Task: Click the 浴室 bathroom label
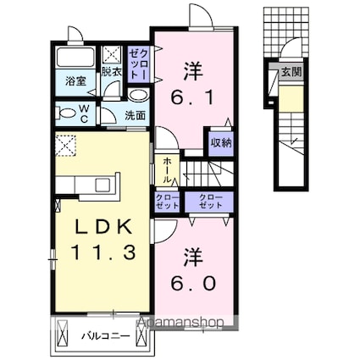click(x=75, y=81)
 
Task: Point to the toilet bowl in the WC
click(x=66, y=112)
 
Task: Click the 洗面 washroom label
click(x=136, y=115)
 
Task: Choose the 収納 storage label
click(x=221, y=142)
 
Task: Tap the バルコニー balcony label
click(x=106, y=335)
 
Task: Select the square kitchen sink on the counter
click(x=101, y=184)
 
